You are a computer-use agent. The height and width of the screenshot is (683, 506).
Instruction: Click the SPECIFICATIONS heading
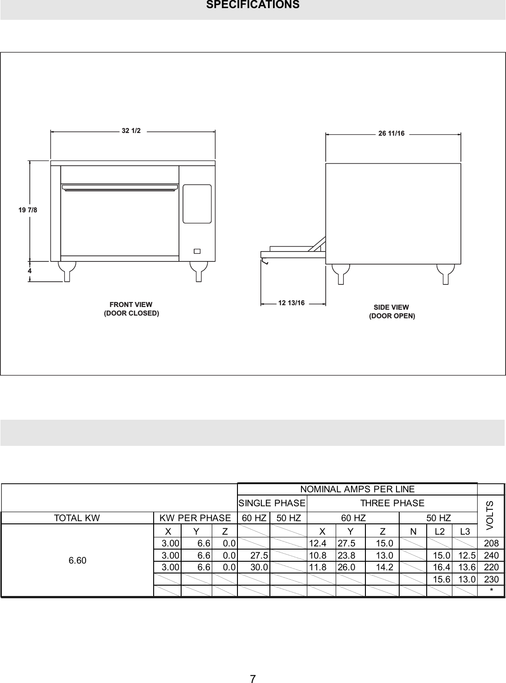(x=252, y=5)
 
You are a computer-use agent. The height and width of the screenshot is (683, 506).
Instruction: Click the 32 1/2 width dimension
(x=131, y=131)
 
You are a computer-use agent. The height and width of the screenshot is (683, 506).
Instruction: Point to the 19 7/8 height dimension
(x=28, y=210)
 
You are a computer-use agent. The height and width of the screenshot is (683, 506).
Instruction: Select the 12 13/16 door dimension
(x=291, y=303)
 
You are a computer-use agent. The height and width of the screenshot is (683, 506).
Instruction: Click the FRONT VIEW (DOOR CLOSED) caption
(x=131, y=309)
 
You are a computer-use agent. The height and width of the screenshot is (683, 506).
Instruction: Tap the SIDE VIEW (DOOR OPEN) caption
(x=392, y=312)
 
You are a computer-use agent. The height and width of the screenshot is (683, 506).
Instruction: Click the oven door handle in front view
(x=120, y=187)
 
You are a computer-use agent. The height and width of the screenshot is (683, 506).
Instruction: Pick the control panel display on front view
(x=197, y=204)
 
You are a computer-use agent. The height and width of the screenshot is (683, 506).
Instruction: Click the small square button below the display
(x=197, y=251)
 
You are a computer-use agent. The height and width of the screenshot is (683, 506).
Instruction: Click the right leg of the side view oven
(x=445, y=273)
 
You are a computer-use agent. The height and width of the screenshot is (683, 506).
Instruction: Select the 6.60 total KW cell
(x=77, y=560)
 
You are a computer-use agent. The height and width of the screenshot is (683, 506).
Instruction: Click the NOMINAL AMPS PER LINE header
(x=357, y=489)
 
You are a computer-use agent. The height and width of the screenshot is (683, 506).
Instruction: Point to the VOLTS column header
(x=491, y=515)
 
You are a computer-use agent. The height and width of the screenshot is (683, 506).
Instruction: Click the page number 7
(x=253, y=679)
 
